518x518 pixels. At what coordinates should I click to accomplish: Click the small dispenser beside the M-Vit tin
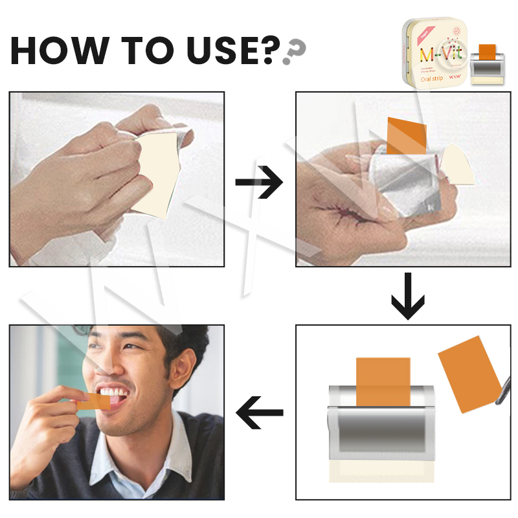[x=486, y=65]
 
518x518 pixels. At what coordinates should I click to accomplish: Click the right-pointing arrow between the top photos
[x=259, y=184]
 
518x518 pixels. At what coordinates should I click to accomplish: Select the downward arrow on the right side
[x=408, y=297]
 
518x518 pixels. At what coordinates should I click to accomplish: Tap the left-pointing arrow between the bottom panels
[x=259, y=412]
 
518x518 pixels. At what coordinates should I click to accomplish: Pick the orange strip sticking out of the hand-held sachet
[x=407, y=136]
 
